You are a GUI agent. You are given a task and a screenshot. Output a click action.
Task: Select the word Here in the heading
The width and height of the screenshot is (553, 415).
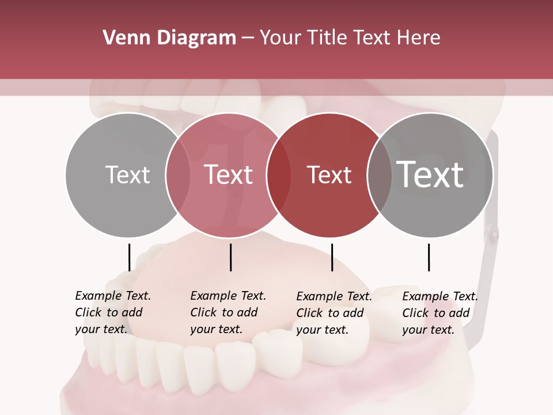(x=419, y=38)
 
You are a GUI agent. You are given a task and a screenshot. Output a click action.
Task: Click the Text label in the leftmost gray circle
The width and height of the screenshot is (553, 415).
(x=127, y=175)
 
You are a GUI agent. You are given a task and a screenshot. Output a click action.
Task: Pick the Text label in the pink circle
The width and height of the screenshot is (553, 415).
(x=229, y=175)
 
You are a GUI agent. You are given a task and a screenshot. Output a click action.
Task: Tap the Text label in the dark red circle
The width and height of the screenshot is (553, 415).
(x=329, y=175)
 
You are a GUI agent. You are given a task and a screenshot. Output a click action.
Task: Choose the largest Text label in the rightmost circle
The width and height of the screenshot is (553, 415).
(x=430, y=175)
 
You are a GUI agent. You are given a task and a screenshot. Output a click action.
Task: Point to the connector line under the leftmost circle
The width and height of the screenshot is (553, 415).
(x=129, y=257)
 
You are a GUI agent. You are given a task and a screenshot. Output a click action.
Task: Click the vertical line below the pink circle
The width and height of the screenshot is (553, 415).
(x=230, y=257)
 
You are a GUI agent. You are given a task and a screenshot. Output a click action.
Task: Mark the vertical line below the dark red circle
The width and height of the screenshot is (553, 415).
(x=332, y=257)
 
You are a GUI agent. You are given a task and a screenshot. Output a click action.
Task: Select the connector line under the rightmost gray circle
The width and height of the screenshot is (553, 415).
(x=429, y=257)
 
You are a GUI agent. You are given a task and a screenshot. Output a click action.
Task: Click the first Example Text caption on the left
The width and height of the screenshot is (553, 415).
(x=113, y=312)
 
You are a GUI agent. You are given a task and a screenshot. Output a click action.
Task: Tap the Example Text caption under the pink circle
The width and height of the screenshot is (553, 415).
(x=228, y=312)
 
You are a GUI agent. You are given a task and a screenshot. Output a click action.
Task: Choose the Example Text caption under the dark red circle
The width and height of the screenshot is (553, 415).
(x=334, y=313)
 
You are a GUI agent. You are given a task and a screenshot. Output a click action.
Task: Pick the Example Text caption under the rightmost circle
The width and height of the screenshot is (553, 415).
(x=440, y=313)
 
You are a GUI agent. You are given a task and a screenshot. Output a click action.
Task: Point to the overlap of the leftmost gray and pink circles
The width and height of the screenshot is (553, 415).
(x=178, y=175)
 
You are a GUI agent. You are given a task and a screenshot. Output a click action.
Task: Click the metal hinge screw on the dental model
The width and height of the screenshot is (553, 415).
(x=494, y=233)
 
